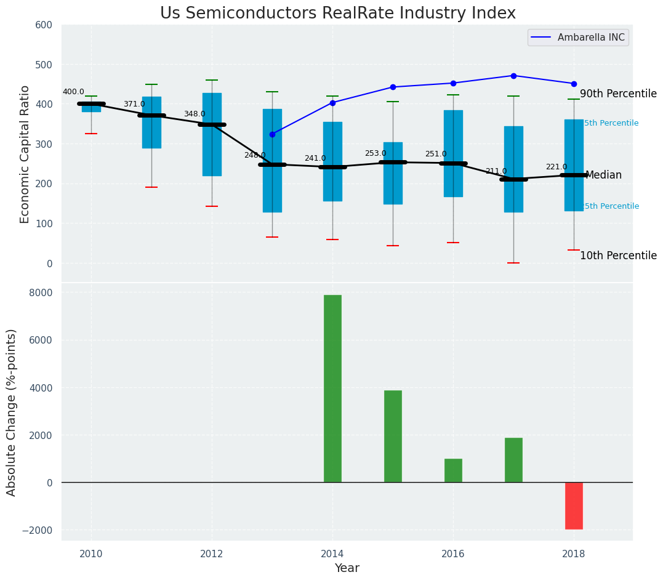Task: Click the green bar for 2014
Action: point(332,389)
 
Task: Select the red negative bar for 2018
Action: point(574,505)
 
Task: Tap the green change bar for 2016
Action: point(453,470)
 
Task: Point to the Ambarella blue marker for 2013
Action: point(272,134)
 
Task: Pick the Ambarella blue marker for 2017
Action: point(513,76)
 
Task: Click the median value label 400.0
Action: point(73,92)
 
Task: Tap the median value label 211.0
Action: point(496,172)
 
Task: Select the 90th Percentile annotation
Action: point(618,94)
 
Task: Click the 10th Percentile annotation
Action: point(618,256)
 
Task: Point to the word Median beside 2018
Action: point(603,175)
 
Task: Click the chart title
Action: point(338,14)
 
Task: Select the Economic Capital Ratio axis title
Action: point(25,154)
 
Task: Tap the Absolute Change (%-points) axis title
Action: point(12,412)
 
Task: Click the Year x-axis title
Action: point(347,568)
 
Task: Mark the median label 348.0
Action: point(195,115)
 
